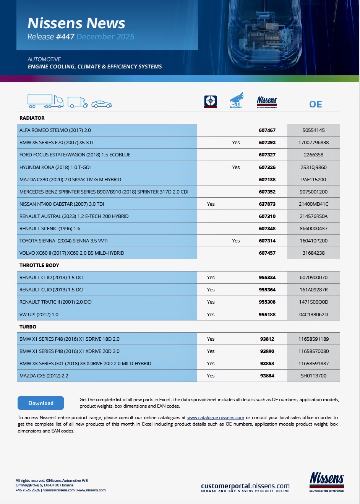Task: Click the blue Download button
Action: pos(41,403)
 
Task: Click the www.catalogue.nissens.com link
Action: pos(216,418)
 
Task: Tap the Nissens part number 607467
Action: pos(267,130)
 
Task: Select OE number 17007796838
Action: pos(313,143)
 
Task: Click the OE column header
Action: pos(315,104)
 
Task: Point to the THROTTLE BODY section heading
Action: pos(39,265)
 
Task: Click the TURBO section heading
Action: pos(28,327)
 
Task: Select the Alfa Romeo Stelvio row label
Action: pos(55,130)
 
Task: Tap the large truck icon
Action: pos(45,101)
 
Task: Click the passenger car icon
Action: pos(101,104)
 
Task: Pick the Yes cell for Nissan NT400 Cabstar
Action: pos(211,204)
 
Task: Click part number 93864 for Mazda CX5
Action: pos(267,376)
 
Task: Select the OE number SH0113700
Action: pos(313,376)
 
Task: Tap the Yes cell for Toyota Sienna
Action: pos(236,241)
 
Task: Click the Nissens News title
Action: pos(76,23)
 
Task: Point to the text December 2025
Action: pos(105,37)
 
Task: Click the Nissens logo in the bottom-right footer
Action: pos(326,481)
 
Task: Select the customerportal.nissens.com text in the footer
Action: pos(245,486)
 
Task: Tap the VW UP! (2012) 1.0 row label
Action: pos(39,314)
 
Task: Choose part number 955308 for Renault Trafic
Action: pos(267,302)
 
